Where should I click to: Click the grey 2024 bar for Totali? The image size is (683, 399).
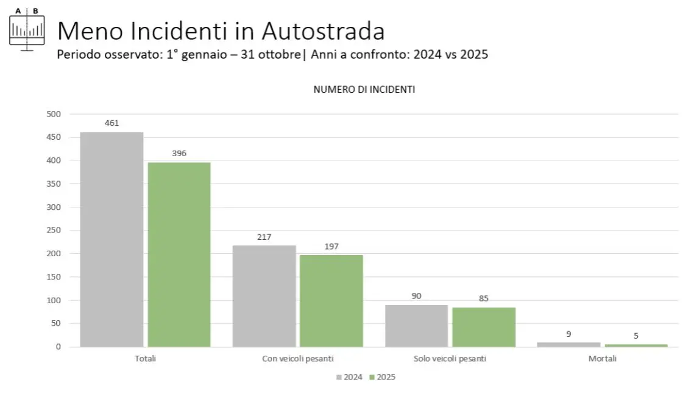[111, 239]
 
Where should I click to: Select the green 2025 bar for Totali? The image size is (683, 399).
[179, 254]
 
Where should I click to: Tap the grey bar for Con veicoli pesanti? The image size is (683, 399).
[264, 296]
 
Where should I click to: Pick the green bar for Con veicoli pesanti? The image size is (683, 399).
[331, 301]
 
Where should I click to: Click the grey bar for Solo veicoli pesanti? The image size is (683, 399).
[416, 326]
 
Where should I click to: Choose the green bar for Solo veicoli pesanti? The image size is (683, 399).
[484, 327]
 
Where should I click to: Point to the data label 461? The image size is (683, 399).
[111, 123]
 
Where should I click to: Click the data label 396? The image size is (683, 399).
[179, 153]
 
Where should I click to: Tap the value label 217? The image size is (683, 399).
[264, 237]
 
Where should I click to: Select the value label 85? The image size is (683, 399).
[484, 298]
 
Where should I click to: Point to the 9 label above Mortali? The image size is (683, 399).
[568, 334]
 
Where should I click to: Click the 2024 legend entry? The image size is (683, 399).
[349, 377]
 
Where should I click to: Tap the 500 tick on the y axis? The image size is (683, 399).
[54, 114]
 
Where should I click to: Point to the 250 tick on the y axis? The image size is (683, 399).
[54, 231]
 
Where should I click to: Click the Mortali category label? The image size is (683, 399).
[602, 359]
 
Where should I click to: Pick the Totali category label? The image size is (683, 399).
[145, 359]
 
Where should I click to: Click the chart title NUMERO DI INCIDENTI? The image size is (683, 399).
[364, 89]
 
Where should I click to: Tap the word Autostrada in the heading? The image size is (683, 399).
[323, 31]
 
